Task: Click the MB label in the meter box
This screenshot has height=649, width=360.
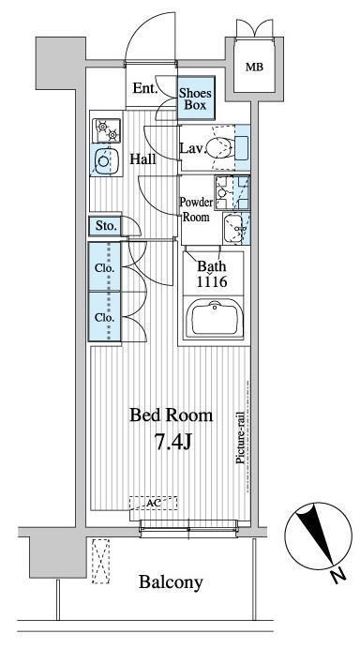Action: point(254,67)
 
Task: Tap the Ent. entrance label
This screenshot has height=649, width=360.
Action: point(144,90)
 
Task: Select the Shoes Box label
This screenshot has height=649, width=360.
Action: point(195,98)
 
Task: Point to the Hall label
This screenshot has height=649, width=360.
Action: point(143,158)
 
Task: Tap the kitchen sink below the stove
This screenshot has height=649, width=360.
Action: point(103,162)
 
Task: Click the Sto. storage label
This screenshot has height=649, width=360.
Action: point(103,226)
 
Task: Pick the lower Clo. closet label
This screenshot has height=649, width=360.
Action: point(103,317)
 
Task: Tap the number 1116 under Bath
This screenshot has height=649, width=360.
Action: point(212,281)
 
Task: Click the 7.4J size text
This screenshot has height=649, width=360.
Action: point(171,441)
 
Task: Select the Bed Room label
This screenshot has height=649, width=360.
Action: point(171,415)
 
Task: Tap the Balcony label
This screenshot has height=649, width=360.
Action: point(171,582)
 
